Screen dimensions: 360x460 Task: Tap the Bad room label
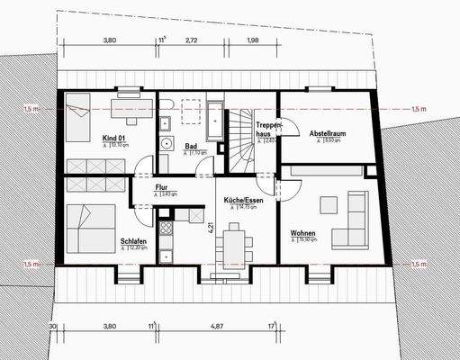[x=191, y=146]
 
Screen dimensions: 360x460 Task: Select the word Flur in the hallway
[x=162, y=186]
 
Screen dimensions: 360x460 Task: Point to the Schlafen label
[x=131, y=241]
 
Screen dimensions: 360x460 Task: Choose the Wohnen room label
[x=302, y=233]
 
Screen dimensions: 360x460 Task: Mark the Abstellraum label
[x=325, y=133]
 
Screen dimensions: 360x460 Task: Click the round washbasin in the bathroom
[x=166, y=143]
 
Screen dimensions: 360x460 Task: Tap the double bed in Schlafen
[x=90, y=229]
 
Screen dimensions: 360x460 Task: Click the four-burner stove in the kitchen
[x=165, y=228]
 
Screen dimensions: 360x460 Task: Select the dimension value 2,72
[x=192, y=40]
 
